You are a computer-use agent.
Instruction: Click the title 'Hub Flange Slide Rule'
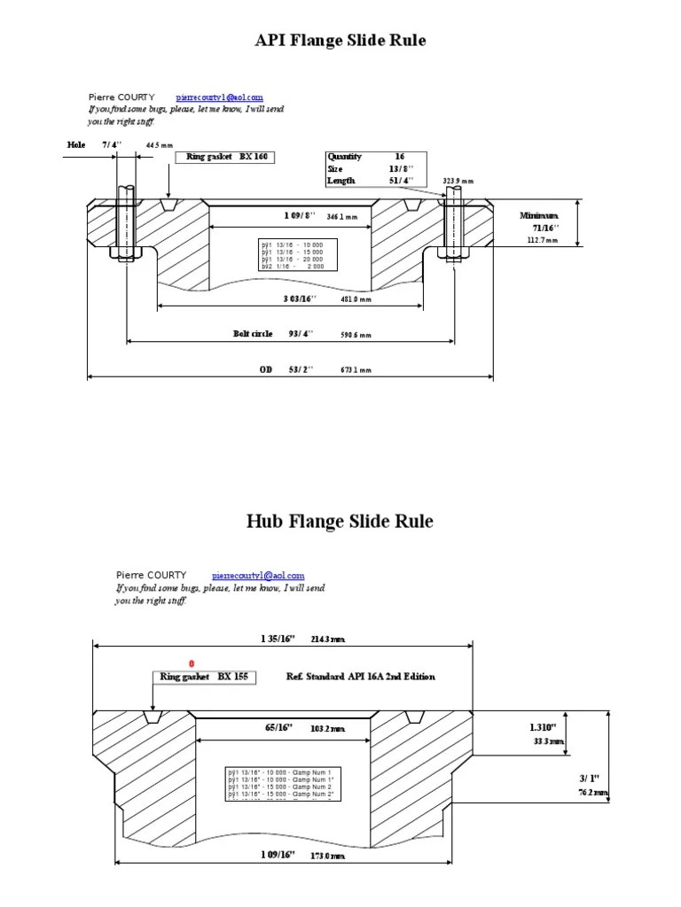[340, 521]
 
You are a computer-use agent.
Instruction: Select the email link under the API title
[219, 97]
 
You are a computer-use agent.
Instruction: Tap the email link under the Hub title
[259, 575]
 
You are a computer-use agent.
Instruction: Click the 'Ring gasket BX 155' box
[205, 677]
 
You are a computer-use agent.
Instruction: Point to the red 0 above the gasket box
[192, 663]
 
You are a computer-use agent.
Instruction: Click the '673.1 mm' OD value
[356, 370]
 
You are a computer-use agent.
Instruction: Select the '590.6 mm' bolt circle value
[356, 336]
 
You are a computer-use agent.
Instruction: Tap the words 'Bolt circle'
[252, 335]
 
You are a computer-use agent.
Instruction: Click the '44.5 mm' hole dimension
[160, 144]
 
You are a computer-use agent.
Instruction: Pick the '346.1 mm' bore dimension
[341, 216]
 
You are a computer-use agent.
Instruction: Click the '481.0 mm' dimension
[356, 299]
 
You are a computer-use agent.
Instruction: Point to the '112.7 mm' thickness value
[543, 239]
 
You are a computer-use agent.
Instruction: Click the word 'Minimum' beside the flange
[539, 215]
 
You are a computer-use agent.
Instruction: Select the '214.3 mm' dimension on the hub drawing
[327, 639]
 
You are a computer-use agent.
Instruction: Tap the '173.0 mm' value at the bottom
[327, 856]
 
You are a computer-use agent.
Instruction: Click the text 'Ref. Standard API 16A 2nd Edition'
[361, 677]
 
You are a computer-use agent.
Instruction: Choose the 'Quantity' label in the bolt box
[345, 157]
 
